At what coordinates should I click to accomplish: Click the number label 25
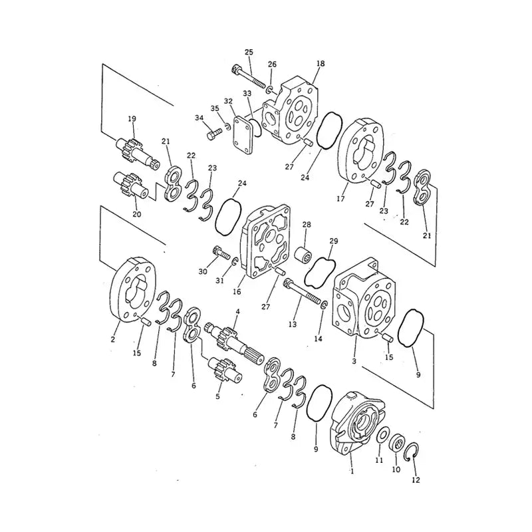[249, 52]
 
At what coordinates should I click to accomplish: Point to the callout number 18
[321, 63]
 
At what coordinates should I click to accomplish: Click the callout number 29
[334, 241]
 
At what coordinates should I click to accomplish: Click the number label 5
[217, 396]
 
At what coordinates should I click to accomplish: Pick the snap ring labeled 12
[411, 453]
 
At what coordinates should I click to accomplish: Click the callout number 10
[396, 469]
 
